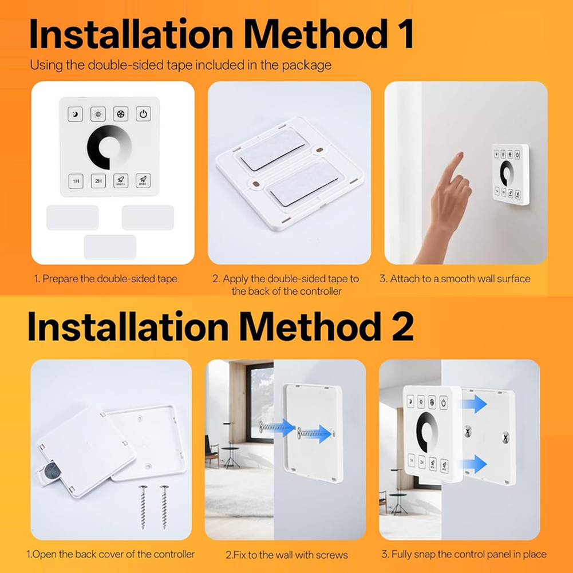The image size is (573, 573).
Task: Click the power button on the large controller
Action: tap(143, 114)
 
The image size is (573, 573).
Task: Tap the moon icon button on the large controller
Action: tap(76, 114)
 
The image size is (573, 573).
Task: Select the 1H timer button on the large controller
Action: tap(76, 181)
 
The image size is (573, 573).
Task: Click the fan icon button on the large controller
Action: tap(121, 114)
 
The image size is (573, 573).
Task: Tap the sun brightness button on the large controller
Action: tap(98, 114)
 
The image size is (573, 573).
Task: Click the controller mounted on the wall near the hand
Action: tap(510, 174)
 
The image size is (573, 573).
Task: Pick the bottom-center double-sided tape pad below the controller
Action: tap(110, 247)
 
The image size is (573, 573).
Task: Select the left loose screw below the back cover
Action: tap(143, 507)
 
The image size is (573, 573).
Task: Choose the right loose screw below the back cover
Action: tap(164, 507)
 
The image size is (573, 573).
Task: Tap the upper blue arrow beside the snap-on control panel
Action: tap(475, 404)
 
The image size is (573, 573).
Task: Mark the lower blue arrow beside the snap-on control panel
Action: tap(475, 464)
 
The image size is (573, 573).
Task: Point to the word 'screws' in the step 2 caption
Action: tap(332, 555)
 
